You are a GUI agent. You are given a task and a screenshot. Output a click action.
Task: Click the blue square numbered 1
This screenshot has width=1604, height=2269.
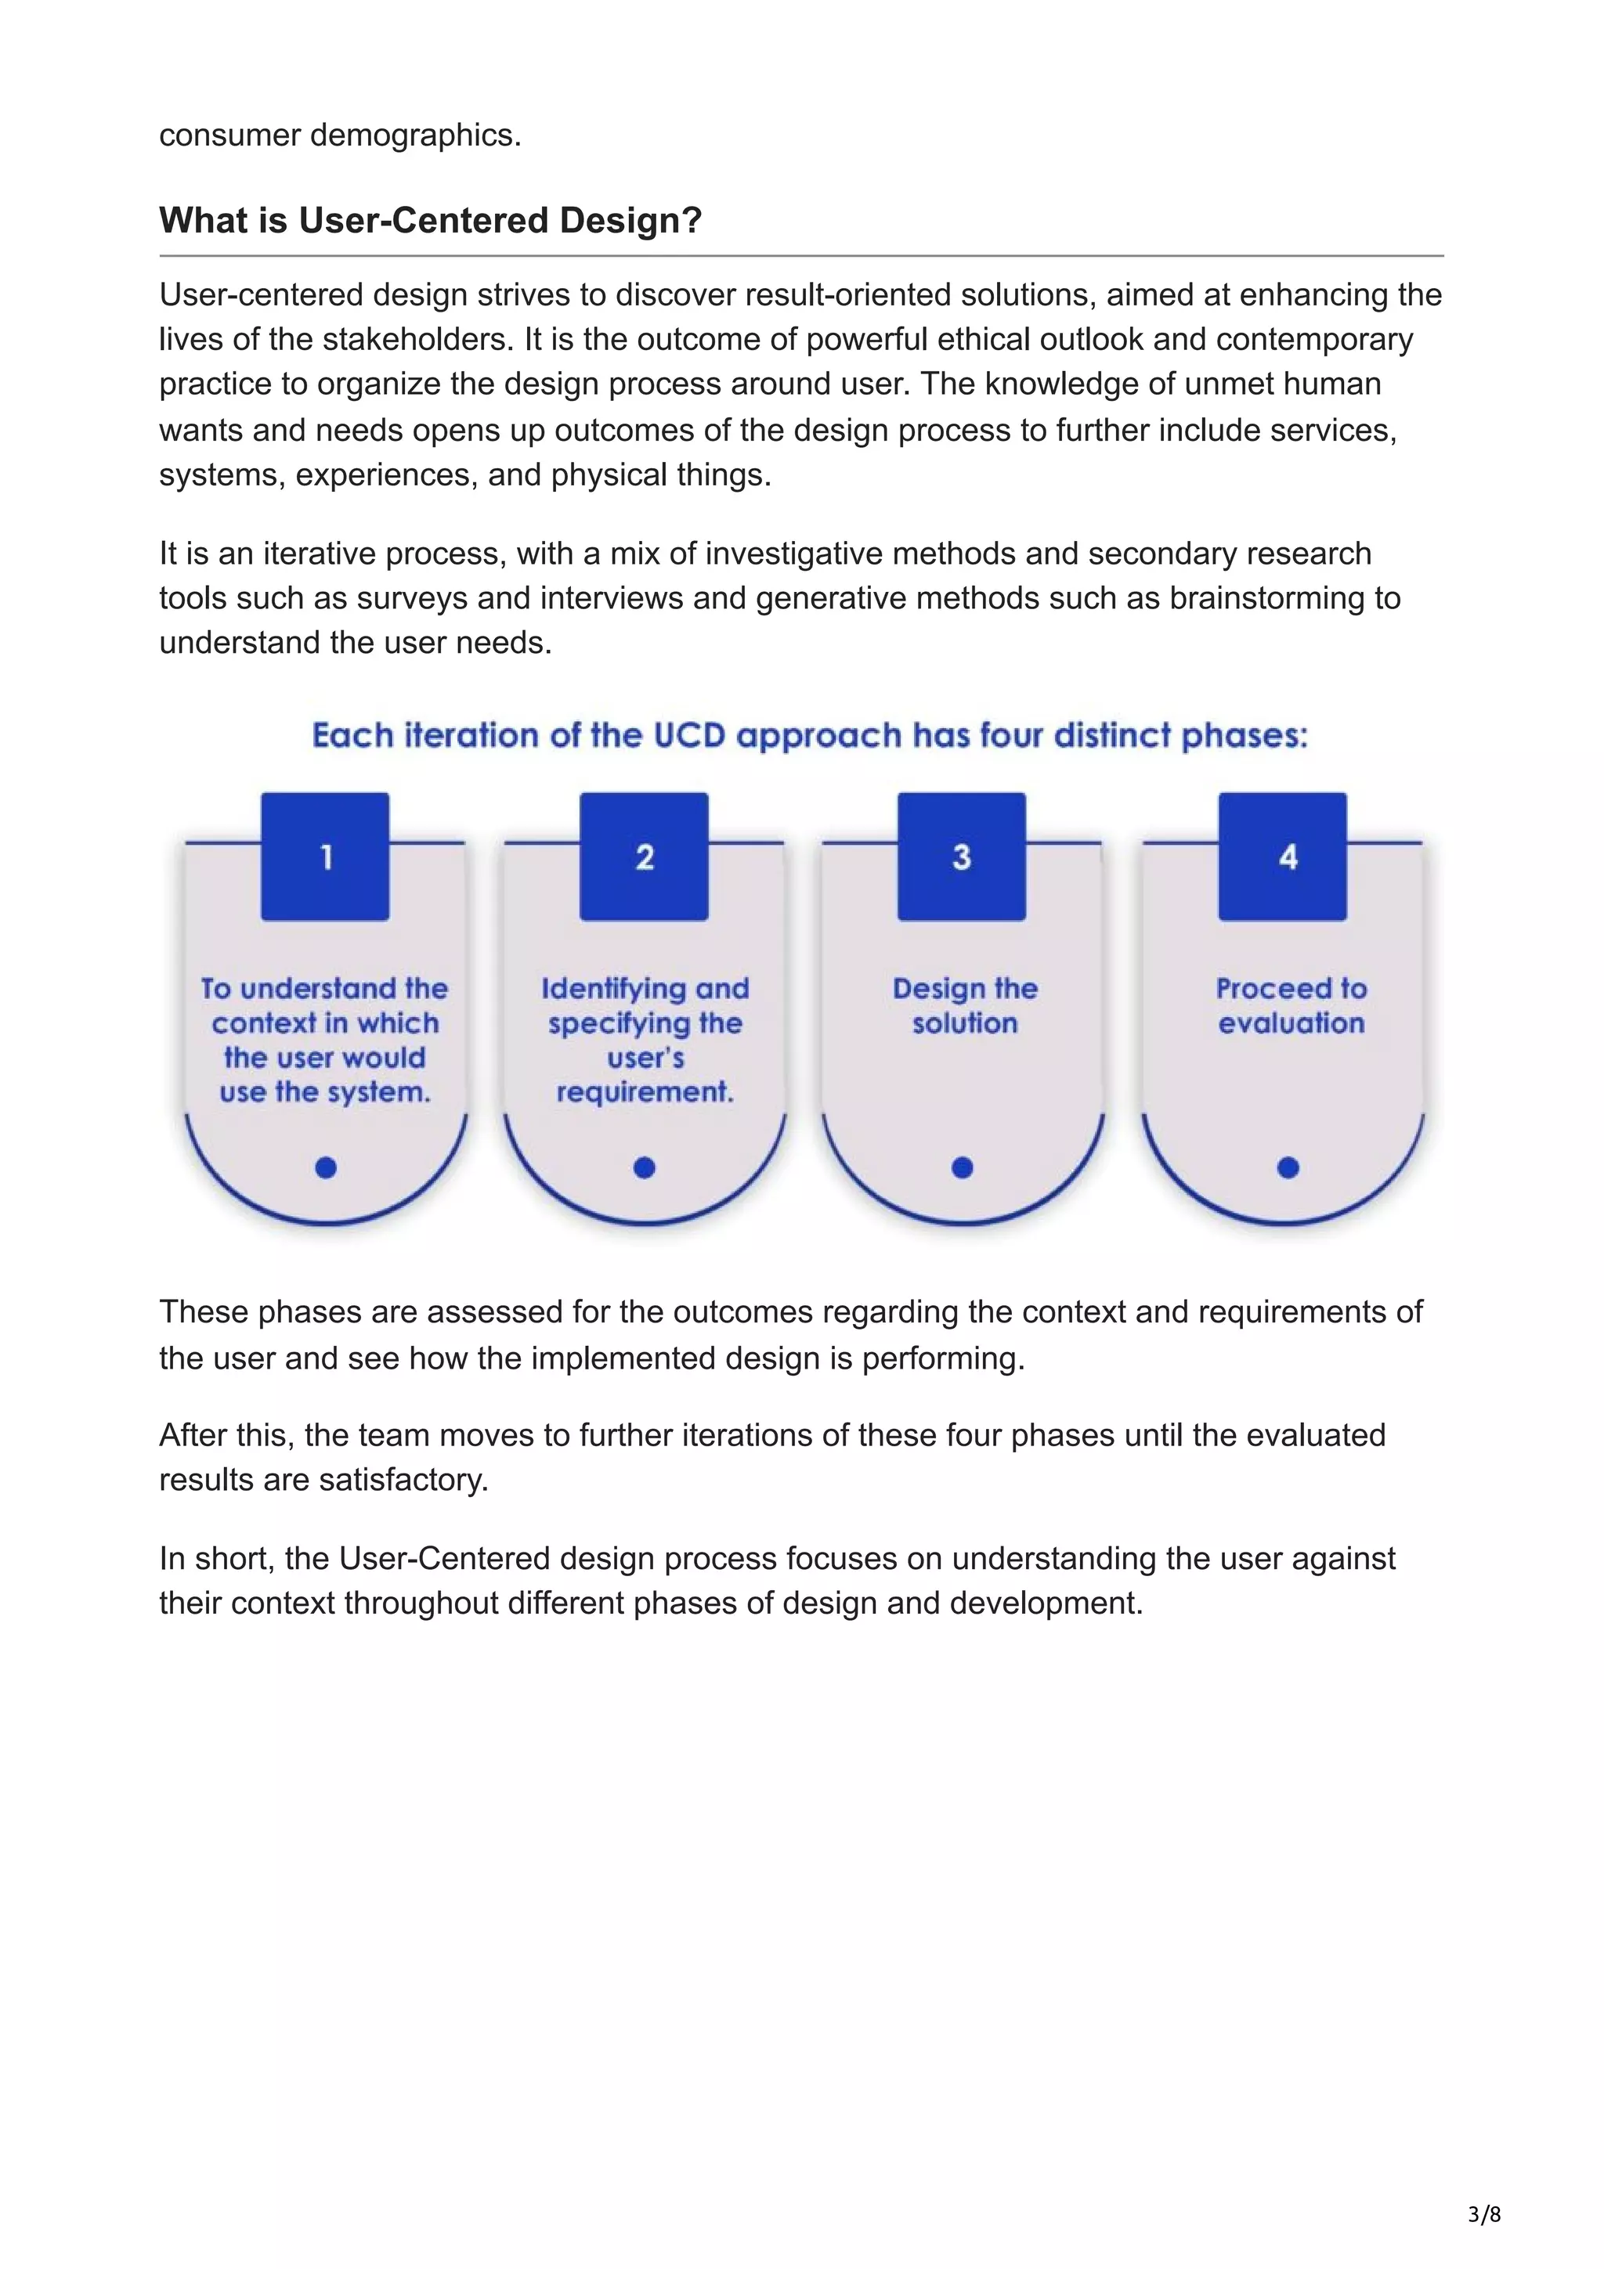point(325,857)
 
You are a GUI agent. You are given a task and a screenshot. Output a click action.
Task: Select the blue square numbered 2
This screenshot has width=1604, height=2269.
point(645,857)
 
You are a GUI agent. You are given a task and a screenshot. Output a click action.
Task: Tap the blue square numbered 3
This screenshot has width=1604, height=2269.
point(962,857)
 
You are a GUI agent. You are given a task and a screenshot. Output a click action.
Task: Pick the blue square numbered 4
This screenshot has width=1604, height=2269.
point(1283,857)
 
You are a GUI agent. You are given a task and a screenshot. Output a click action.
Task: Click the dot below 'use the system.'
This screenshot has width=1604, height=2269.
point(326,1168)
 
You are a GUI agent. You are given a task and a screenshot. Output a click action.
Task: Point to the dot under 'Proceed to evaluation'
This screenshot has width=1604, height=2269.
point(1288,1168)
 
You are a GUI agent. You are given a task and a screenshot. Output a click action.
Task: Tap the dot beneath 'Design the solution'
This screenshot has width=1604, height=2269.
point(963,1168)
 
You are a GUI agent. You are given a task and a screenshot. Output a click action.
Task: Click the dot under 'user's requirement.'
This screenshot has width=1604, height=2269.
point(645,1168)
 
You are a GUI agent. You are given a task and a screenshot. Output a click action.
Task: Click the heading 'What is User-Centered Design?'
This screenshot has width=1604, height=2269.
point(430,220)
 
